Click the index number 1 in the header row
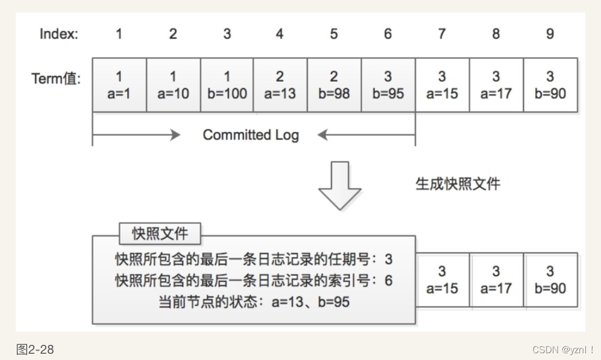pos(119,34)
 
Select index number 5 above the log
pos(333,34)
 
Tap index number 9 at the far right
pos(550,34)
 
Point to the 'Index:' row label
pos(59,35)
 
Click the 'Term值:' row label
pos(57,78)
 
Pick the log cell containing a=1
pos(119,85)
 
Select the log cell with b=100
pos(227,85)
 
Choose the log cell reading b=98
pos(334,85)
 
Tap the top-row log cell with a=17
pos(496,85)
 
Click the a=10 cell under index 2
pos(173,85)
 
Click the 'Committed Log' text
pos(251,135)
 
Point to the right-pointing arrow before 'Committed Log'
pos(136,135)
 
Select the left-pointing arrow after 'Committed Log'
pos(366,135)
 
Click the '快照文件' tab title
pos(160,233)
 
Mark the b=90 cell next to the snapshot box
pos(550,280)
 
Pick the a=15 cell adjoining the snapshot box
pos(442,280)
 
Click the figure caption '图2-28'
pos(35,350)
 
